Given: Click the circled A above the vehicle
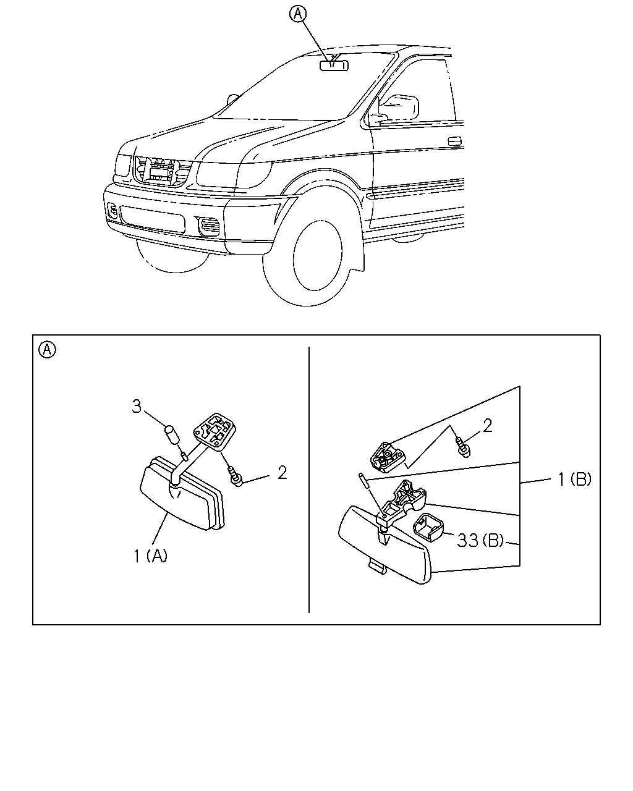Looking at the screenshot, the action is [x=297, y=14].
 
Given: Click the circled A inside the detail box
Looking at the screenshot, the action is [x=47, y=350].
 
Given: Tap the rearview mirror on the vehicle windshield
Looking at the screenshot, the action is [x=334, y=66].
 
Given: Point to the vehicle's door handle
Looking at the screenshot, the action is [x=455, y=141].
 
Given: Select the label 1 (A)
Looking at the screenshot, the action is [x=150, y=556].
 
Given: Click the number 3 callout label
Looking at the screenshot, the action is [x=137, y=407].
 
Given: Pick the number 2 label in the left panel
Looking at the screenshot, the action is [x=282, y=473].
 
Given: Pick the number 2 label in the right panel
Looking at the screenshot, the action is [x=487, y=426].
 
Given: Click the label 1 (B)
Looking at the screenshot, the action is [x=575, y=480].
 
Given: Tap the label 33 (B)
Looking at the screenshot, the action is [x=480, y=540].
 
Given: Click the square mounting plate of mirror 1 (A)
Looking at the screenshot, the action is [x=215, y=431].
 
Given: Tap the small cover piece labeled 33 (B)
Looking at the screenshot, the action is [x=428, y=529].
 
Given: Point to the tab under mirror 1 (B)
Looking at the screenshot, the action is [x=377, y=567].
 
